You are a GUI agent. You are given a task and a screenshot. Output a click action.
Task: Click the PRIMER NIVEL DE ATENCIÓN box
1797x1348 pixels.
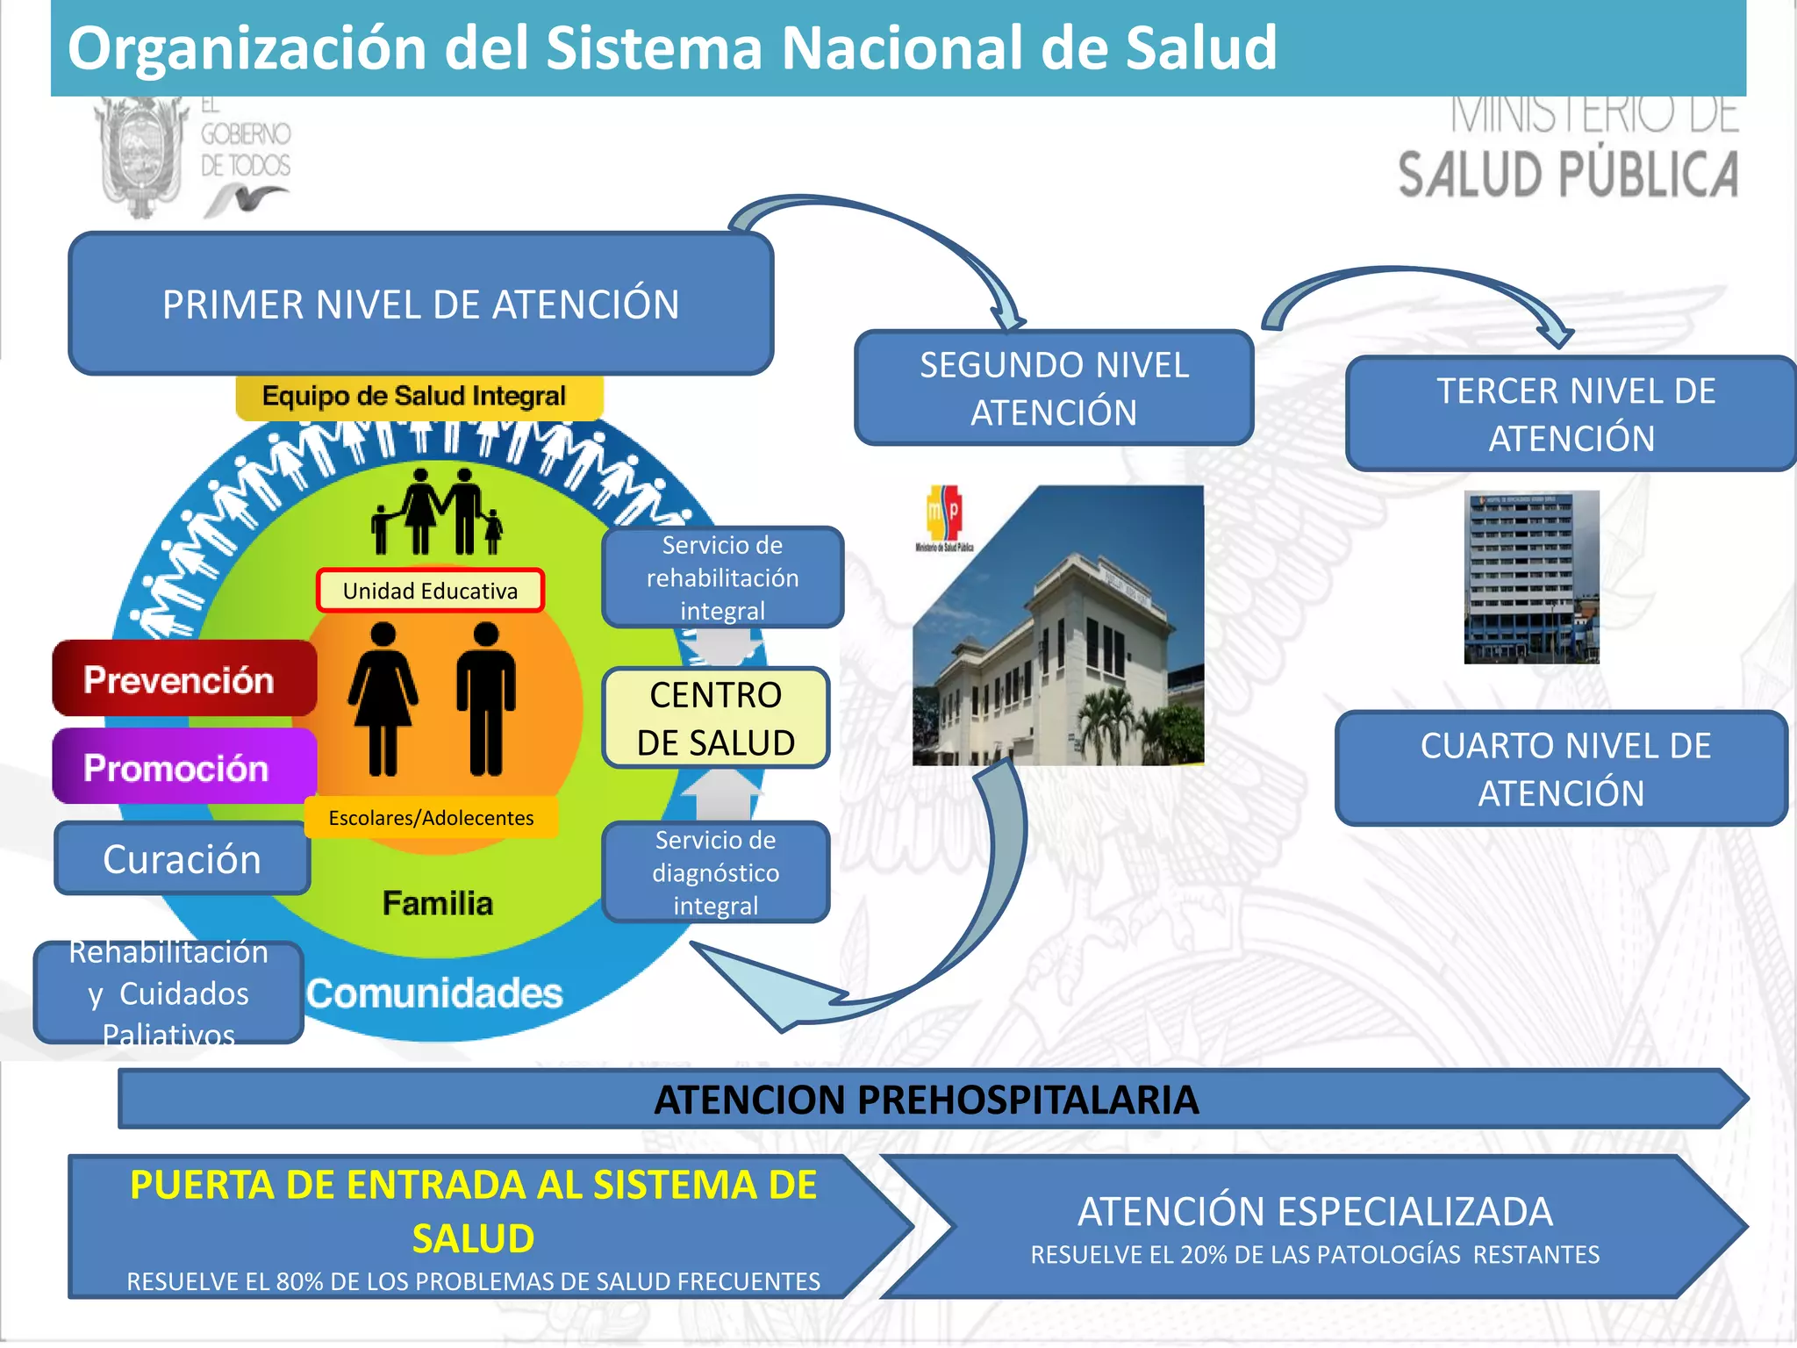click(420, 305)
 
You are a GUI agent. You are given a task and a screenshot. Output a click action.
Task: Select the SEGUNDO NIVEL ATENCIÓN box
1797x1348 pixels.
click(1054, 388)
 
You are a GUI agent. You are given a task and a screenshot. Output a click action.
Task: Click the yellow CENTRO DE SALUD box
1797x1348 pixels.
click(715, 718)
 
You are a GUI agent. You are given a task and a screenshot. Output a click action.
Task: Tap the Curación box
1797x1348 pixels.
click(182, 859)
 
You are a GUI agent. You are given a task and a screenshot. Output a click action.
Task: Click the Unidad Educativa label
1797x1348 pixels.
click(430, 591)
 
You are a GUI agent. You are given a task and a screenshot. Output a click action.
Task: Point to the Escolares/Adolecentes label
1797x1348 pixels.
click(431, 818)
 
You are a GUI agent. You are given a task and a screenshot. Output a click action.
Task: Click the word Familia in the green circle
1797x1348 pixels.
click(438, 903)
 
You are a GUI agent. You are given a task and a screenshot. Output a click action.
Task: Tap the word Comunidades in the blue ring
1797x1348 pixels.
click(434, 993)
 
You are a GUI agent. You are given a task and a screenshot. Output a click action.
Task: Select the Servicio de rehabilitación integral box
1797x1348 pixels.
click(722, 577)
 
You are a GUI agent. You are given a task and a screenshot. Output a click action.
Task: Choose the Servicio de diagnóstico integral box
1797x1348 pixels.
click(715, 872)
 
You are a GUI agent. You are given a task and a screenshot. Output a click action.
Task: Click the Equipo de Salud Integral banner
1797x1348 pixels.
click(414, 397)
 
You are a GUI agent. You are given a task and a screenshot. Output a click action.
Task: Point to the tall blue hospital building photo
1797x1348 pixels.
click(1531, 577)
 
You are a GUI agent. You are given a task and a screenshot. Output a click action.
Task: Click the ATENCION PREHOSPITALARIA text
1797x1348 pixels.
click(926, 1100)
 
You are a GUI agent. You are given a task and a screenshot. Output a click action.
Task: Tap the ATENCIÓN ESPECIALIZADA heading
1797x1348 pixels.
click(1314, 1212)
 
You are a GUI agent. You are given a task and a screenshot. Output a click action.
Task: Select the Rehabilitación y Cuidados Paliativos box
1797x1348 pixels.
click(168, 993)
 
